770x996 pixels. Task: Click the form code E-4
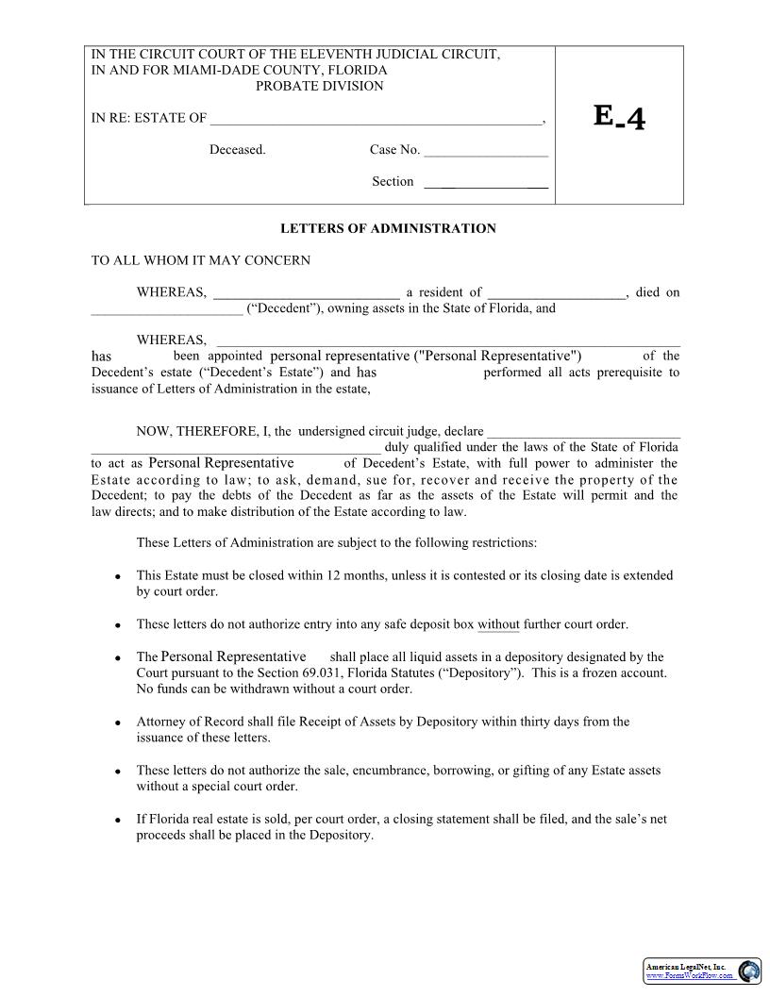(620, 117)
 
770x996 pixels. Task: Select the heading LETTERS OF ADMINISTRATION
(388, 228)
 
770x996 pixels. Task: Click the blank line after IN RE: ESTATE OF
(376, 120)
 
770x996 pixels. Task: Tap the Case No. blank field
(486, 151)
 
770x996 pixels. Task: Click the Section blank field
(486, 183)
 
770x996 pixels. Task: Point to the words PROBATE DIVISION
(320, 86)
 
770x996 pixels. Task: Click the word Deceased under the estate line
(238, 150)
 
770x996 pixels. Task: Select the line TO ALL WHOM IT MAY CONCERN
(200, 260)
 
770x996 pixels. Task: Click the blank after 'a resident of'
(557, 293)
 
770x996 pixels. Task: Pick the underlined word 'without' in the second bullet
(498, 624)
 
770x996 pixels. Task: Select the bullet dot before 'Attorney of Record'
(117, 723)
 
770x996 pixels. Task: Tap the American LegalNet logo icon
(749, 971)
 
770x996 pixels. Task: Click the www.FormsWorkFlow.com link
(689, 976)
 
